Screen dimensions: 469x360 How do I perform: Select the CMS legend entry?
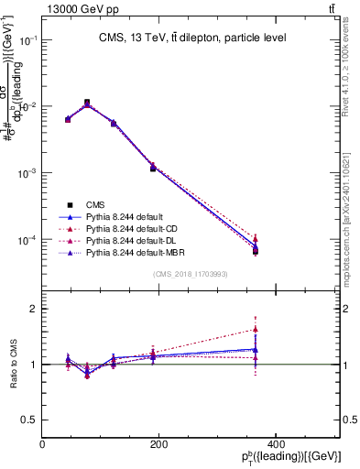[98, 204]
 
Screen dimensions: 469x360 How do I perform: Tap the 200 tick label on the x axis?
[159, 445]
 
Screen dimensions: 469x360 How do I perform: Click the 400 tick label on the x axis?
[276, 445]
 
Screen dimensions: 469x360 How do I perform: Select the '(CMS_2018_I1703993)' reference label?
[191, 274]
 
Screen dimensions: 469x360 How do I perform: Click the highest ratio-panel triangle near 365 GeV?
[255, 329]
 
